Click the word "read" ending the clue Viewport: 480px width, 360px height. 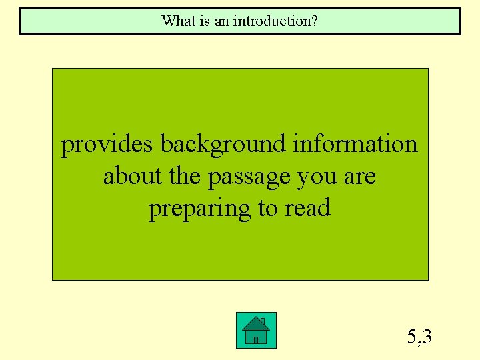pos(308,208)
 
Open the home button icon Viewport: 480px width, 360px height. pos(256,330)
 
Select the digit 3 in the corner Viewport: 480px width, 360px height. pos(427,337)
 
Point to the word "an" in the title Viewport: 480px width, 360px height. pos(221,21)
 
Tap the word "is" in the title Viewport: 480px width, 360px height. pos(202,21)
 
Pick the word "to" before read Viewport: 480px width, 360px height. pos(269,209)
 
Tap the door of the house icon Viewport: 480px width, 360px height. pos(256,339)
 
